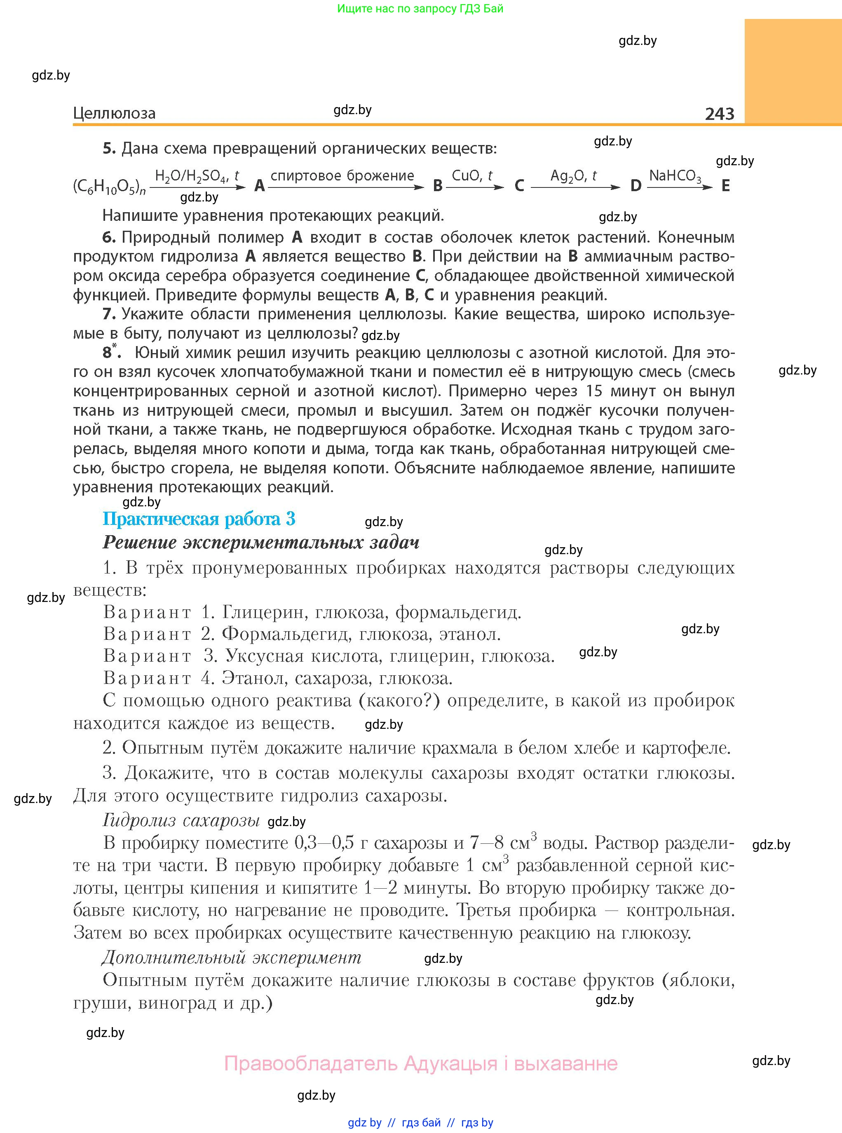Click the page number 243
719,113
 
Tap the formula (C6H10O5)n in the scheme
109,187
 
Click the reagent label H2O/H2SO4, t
196,176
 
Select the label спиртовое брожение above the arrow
342,176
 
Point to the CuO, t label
472,176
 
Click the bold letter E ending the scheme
725,186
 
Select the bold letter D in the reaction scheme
635,186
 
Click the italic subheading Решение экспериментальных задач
260,543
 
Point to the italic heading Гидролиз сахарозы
181,820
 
